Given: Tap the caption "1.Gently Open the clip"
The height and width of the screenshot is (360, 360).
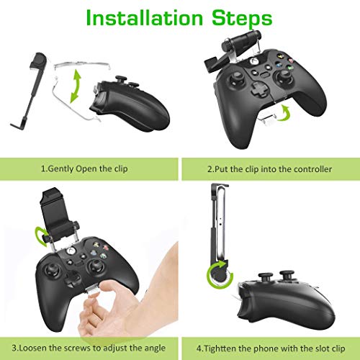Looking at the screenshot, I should click(x=88, y=170).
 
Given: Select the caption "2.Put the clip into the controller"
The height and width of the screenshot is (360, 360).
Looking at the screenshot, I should click(x=269, y=170).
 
